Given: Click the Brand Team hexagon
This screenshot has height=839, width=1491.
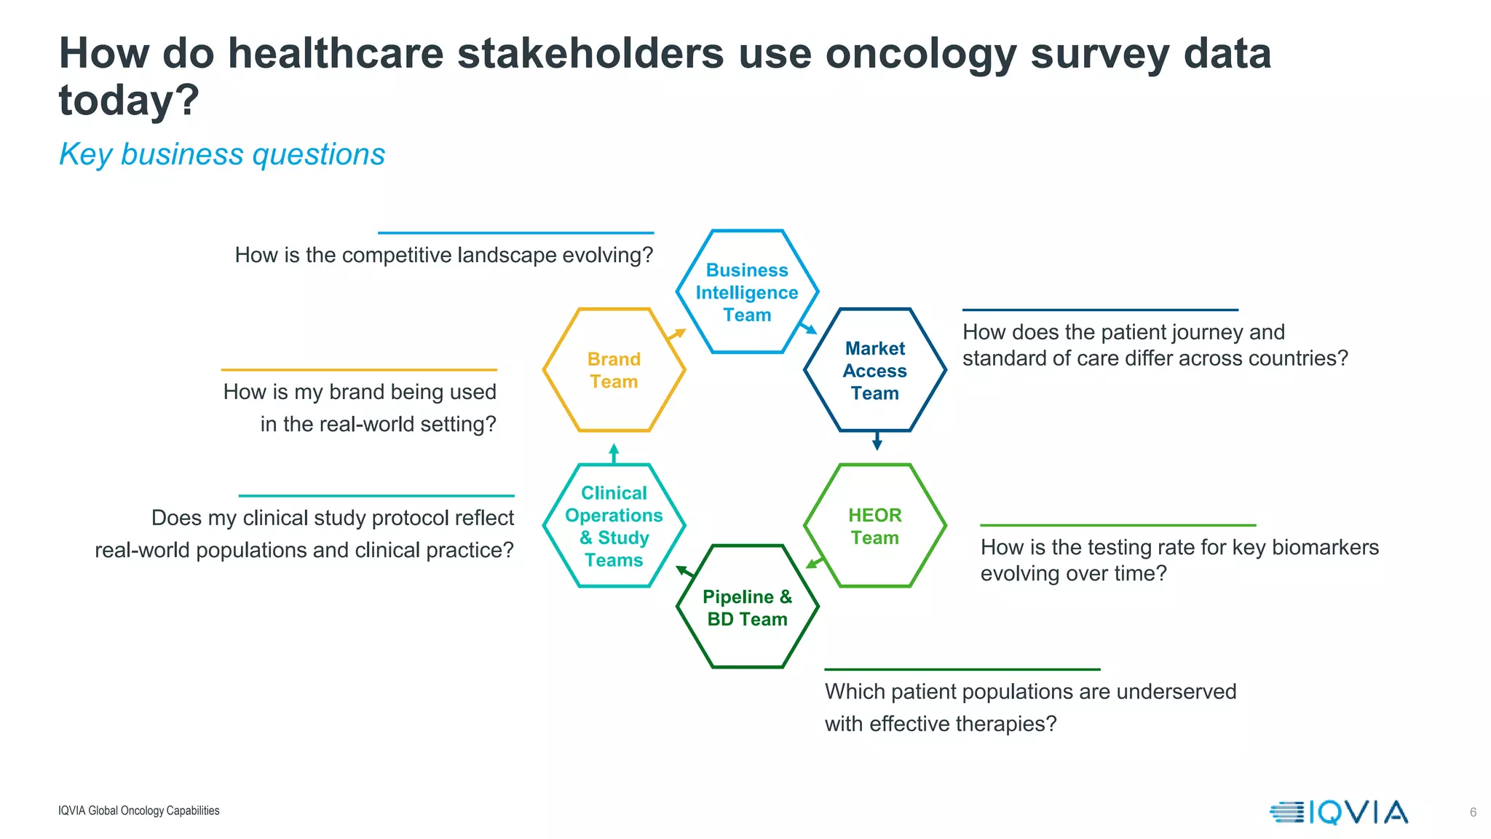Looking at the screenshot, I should pos(614,370).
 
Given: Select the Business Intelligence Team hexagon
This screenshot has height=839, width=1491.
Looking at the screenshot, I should pos(747,292).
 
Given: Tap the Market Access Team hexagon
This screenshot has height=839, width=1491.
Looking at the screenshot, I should pos(874,371).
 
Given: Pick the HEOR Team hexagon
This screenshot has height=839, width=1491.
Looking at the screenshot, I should pos(874,526).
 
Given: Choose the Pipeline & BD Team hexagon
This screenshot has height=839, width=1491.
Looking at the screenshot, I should pos(747,607).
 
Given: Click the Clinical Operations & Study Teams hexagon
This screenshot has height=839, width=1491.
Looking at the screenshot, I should pos(614,526).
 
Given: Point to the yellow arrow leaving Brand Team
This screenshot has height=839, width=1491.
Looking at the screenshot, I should pos(677,334).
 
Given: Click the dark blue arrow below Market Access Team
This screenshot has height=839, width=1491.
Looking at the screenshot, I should pos(877,441).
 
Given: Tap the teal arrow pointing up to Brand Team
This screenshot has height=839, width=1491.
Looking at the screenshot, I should pos(614,453).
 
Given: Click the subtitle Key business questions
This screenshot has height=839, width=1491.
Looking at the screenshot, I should pos(221,154).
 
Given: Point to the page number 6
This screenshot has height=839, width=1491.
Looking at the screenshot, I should pos(1473,812).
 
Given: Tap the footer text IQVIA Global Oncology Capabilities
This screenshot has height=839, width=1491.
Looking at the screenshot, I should pos(138,811).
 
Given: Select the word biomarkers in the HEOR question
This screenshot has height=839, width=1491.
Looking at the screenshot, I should pos(1323,547).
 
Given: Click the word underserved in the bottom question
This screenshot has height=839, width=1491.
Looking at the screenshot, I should pos(1176,691).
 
